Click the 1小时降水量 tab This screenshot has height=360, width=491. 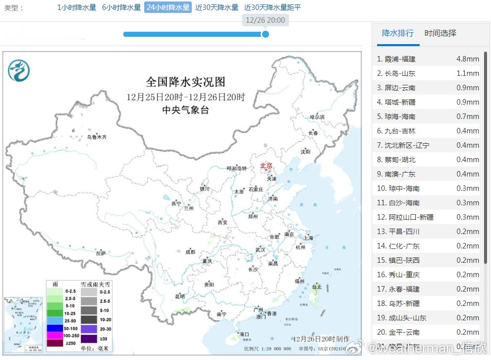pos(77,7)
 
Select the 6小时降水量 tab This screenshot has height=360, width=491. pos(121,7)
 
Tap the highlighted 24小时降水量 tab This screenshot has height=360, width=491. pos(168,7)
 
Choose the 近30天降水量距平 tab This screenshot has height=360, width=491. pos(273,7)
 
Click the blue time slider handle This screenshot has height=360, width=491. pos(266,34)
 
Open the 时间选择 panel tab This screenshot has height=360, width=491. pos(440,33)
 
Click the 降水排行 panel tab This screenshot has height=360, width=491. pos(397,33)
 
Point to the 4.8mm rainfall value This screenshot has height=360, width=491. pos(467,59)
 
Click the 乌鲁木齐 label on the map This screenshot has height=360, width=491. pos(97,137)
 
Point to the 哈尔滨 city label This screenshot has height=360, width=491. pos(317,117)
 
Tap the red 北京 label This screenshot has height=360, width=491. pos(266,166)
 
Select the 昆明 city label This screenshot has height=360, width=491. pos(179,297)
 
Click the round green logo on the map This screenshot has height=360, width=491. pos(19,70)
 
